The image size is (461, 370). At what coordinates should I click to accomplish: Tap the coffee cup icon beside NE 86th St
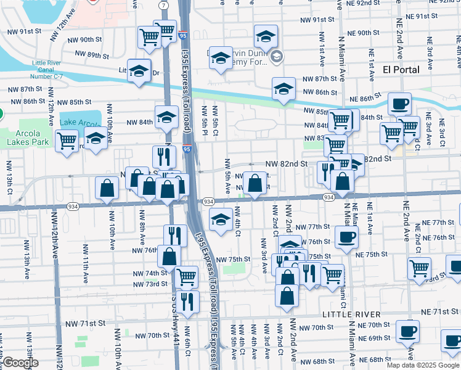click(x=399, y=103)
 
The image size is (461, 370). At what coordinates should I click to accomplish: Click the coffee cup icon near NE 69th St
click(x=407, y=331)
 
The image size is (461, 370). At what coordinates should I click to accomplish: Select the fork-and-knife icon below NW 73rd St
click(x=187, y=301)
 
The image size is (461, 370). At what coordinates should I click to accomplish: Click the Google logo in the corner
click(x=20, y=363)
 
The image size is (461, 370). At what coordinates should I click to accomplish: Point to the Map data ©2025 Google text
click(x=422, y=365)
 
